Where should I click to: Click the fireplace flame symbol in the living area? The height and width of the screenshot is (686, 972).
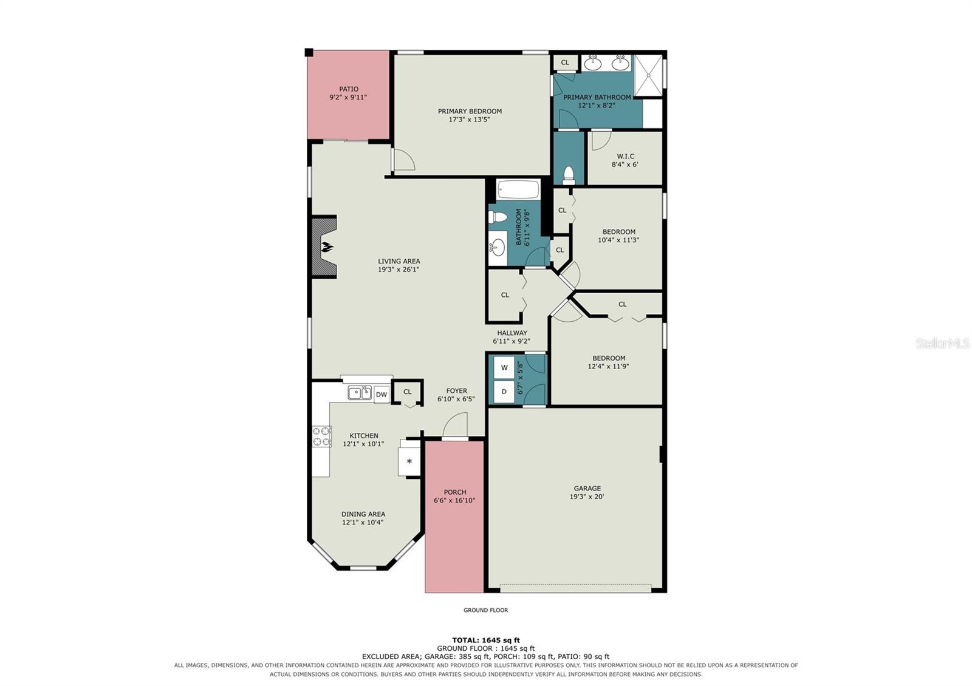tap(327, 248)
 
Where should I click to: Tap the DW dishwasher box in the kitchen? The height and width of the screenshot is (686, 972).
tap(382, 394)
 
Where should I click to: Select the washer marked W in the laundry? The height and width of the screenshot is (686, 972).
tap(504, 368)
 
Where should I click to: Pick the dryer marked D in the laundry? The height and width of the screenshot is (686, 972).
tap(504, 392)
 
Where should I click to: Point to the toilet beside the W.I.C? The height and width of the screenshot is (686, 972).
tap(569, 175)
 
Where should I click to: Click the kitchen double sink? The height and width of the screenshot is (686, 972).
tap(359, 393)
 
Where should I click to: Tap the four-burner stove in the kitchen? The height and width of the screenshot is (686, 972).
tap(321, 436)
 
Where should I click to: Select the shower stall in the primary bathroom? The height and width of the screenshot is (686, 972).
tap(648, 75)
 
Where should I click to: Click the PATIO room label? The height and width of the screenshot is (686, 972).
tap(349, 89)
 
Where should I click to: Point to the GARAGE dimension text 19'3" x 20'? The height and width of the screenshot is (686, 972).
tap(587, 497)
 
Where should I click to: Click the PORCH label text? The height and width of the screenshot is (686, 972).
tap(455, 492)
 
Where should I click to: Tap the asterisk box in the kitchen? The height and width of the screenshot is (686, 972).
tap(409, 461)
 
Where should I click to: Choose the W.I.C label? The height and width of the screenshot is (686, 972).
tap(625, 156)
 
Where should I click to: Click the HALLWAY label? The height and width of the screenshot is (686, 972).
tap(512, 333)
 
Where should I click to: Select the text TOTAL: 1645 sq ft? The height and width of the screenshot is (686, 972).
tap(485, 640)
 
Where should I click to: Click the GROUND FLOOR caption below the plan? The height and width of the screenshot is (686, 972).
tap(485, 610)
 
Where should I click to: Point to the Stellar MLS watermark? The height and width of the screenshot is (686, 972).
tap(942, 344)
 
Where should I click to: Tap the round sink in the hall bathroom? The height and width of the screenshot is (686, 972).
tap(498, 248)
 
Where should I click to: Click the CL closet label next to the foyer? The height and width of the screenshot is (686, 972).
tap(407, 392)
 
